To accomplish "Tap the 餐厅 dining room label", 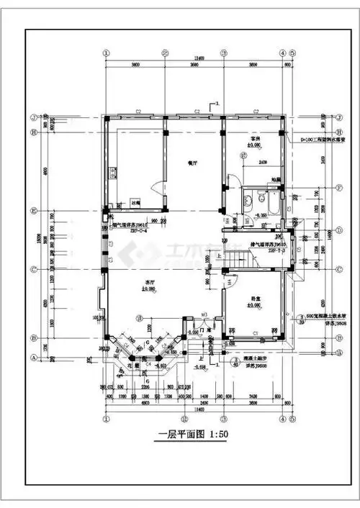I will [x=192, y=163].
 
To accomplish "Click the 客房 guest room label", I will [x=254, y=138].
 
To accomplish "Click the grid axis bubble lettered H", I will [x=33, y=132].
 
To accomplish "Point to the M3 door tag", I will [x=204, y=315].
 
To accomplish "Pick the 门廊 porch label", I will [x=204, y=331].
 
